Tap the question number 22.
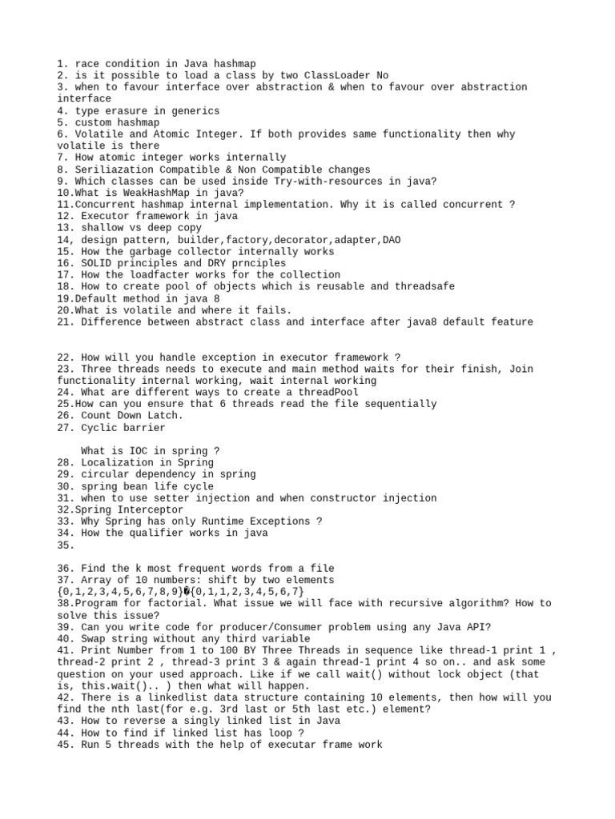pos(66,358)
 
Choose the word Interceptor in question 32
pos(151,509)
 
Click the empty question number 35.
pos(66,545)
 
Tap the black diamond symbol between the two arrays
pos(187,592)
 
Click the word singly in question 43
pos(198,721)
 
